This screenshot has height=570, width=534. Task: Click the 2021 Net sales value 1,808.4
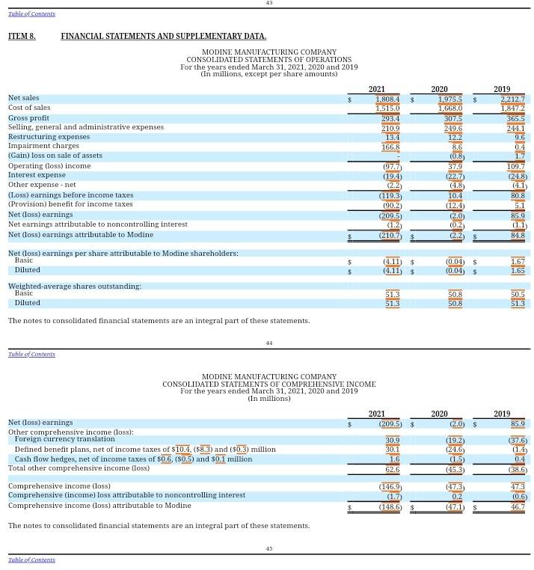(387, 99)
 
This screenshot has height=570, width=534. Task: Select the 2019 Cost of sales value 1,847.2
(512, 108)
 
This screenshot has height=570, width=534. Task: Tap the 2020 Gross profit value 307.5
(452, 119)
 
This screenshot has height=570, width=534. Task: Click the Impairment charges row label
(43, 146)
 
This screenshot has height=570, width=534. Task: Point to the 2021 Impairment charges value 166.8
(390, 147)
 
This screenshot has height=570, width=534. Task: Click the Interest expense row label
(37, 175)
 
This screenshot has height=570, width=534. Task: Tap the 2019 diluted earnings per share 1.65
(518, 271)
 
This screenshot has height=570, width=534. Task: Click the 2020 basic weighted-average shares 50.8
(455, 295)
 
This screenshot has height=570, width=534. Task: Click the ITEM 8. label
(22, 36)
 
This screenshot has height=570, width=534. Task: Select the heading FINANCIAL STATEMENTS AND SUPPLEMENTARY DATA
(163, 36)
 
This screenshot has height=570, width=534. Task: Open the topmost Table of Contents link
(31, 13)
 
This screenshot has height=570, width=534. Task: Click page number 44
(268, 343)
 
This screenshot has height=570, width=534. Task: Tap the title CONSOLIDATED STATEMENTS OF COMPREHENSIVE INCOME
(268, 384)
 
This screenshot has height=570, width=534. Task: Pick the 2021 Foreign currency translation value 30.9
(392, 441)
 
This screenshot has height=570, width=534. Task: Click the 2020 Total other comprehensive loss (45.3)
(453, 470)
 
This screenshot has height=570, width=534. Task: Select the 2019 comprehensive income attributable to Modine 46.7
(518, 507)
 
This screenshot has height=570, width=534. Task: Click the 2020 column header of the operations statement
(439, 89)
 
